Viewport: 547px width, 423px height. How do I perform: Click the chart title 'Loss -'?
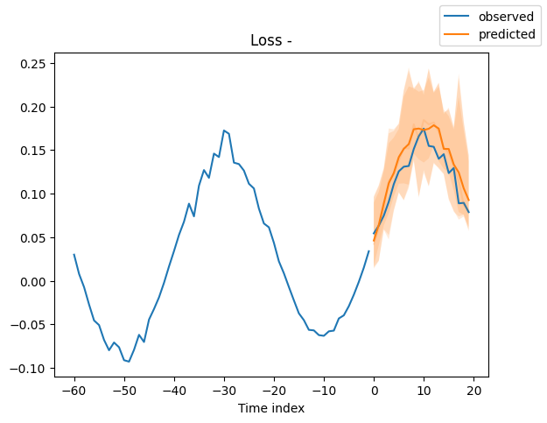(271, 40)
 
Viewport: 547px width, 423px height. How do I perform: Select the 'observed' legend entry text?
(502, 16)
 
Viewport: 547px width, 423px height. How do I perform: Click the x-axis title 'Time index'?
(271, 408)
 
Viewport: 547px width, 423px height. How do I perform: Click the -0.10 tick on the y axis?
(32, 368)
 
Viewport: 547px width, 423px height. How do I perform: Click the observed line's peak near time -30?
(224, 130)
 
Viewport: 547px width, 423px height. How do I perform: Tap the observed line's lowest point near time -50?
(129, 362)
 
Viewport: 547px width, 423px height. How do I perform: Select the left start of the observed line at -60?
(74, 255)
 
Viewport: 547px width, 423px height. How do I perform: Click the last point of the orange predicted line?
(468, 201)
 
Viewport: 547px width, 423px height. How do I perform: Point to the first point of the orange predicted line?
(374, 241)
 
